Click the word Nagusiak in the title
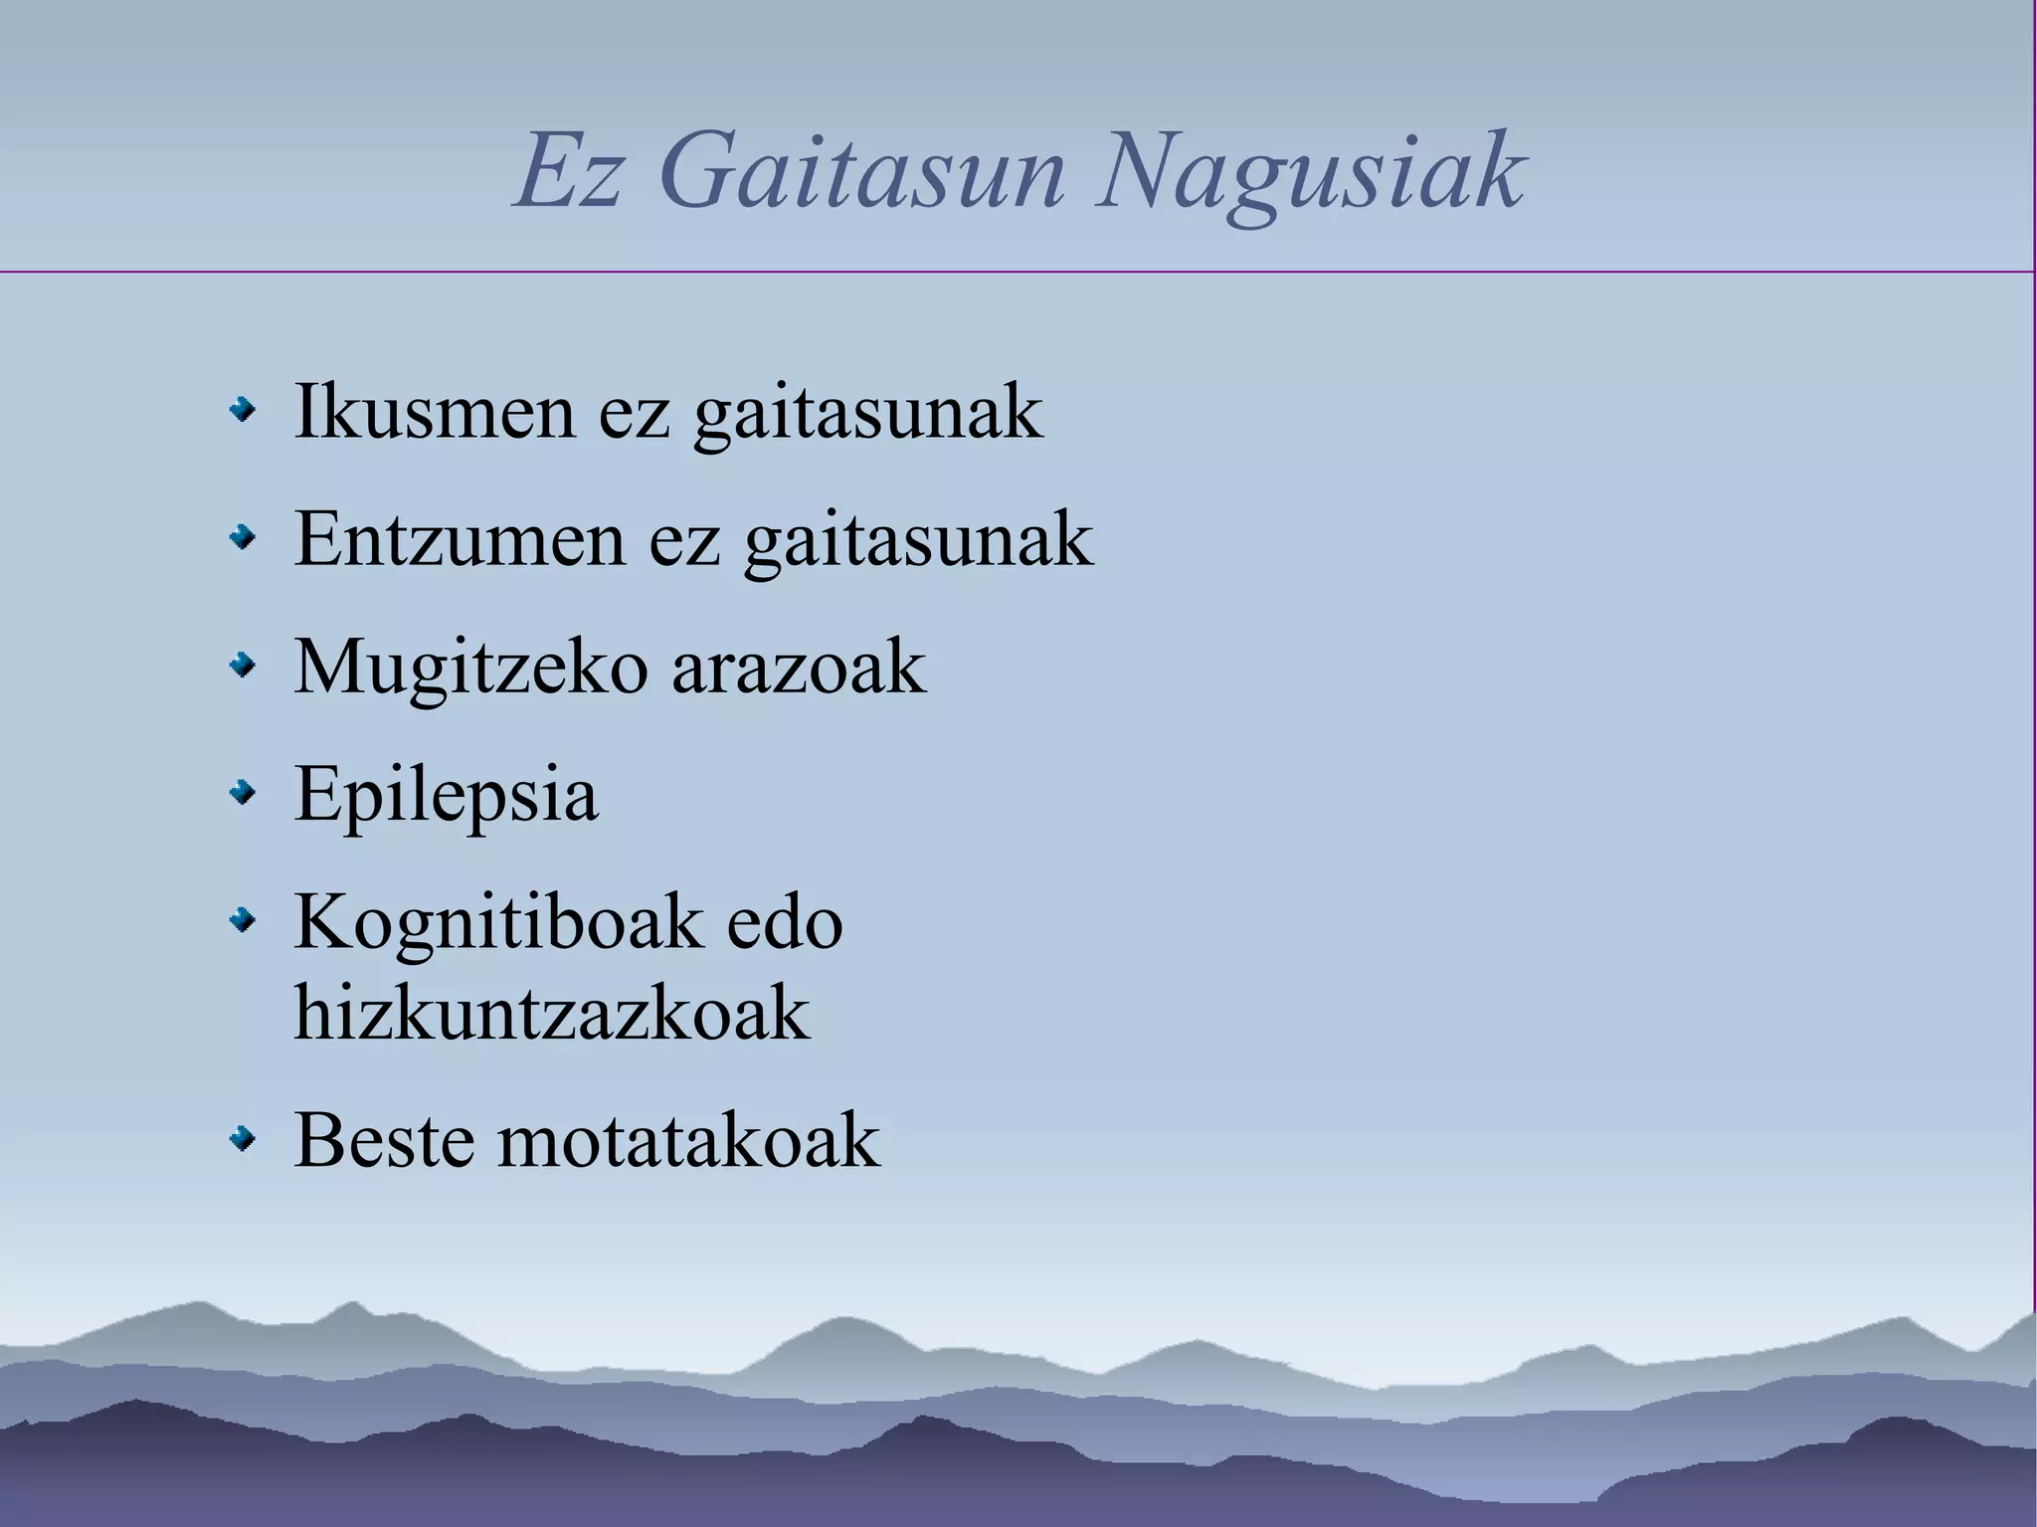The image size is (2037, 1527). [x=1310, y=174]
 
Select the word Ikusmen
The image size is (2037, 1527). [x=434, y=412]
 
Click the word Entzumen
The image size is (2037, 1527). [x=460, y=539]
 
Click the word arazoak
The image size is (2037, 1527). [x=799, y=667]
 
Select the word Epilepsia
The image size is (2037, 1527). [x=447, y=796]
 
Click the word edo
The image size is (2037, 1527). [x=785, y=924]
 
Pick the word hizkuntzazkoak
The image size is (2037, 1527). [x=552, y=1013]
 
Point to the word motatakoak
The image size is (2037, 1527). [x=689, y=1140]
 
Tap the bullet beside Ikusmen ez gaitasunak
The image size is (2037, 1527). [x=242, y=410]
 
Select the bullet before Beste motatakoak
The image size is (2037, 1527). [x=242, y=1138]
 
